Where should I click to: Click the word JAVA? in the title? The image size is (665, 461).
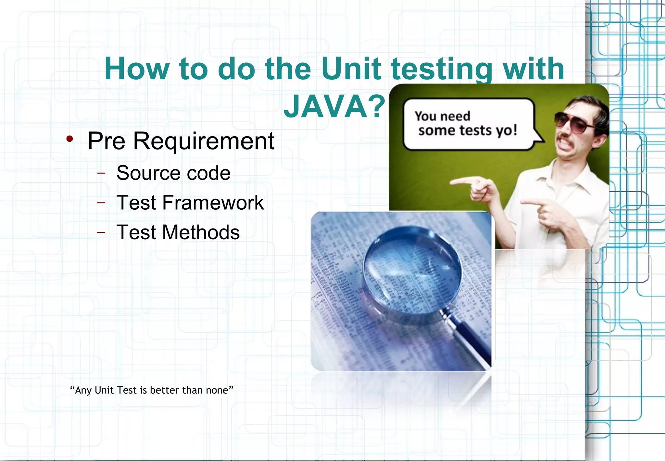pos(334,107)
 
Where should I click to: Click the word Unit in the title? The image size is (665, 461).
pos(351,69)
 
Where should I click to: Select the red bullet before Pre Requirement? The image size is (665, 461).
pos(69,139)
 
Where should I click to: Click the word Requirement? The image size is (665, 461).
pos(204,141)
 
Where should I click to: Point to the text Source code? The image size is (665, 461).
pos(173,173)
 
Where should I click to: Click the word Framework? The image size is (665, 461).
pos(213,203)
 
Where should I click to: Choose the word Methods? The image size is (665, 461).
pos(201,233)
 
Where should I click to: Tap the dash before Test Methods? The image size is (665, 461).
pos(101,232)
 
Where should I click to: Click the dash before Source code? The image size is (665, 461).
pos(101,173)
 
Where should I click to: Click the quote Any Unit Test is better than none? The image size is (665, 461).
pos(152,390)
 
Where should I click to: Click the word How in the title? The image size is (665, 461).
pos(136,69)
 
